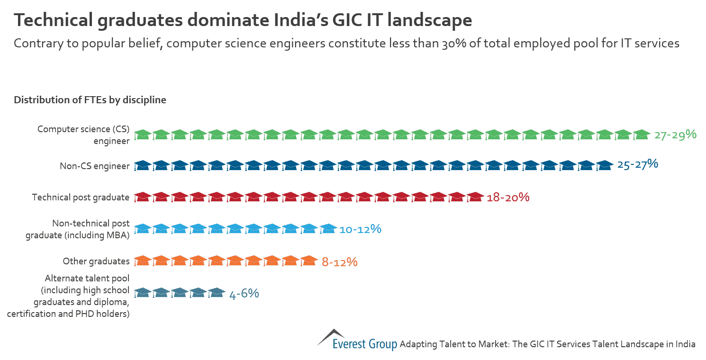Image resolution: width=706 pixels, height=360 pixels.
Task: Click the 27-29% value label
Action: tap(675, 135)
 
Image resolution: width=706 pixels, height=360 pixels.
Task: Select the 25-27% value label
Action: tap(637, 165)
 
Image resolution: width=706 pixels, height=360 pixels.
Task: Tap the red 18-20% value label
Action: tap(508, 197)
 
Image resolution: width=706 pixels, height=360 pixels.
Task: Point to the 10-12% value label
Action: tap(360, 229)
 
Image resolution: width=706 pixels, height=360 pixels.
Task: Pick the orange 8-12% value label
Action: tap(339, 261)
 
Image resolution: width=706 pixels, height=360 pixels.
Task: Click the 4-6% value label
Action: tap(244, 294)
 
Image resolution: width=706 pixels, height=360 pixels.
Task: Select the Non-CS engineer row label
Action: tap(94, 166)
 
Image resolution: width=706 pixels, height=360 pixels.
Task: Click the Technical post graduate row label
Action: tap(81, 197)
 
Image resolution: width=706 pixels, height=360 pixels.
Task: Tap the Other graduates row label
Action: tap(96, 261)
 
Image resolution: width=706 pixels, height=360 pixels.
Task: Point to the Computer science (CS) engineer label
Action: tap(83, 135)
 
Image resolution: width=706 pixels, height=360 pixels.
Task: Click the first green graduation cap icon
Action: tap(142, 135)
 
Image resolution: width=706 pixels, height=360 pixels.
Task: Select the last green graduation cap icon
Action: tap(642, 135)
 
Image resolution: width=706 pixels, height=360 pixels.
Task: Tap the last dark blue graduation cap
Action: tap(605, 165)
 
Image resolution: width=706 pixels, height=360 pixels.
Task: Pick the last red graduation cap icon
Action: tap(475, 197)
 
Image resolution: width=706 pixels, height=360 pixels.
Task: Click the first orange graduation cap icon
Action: tap(142, 261)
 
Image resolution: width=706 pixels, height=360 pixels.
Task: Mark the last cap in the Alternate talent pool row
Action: tap(216, 293)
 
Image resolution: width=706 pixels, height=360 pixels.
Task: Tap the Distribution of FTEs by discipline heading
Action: tap(90, 100)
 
